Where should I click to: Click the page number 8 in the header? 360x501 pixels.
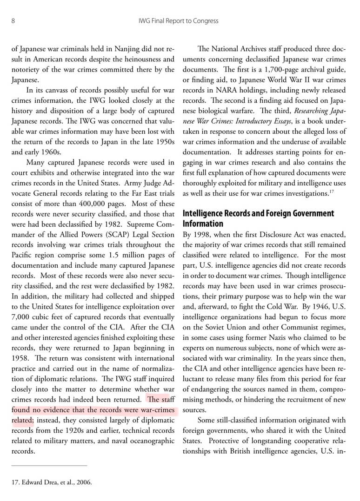point(13,21)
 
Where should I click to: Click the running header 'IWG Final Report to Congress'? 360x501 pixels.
point(179,21)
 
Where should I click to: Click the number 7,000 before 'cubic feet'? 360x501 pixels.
point(20,317)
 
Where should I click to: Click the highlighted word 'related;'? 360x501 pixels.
point(22,420)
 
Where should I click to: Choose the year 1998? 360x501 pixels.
point(204,234)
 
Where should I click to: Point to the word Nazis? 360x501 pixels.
point(280,337)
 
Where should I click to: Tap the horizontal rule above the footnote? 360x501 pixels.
point(49,465)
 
